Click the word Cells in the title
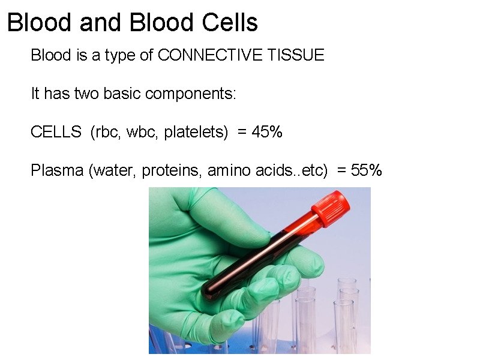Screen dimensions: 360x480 230,23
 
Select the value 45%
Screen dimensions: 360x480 267,132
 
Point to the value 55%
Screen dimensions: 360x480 366,171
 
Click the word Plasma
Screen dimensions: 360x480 57,171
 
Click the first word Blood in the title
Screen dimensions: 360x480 40,23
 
